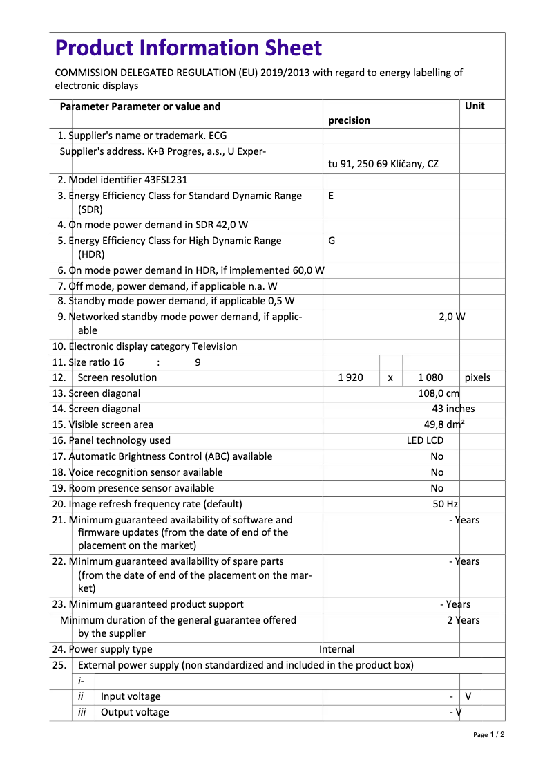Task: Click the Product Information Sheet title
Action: (188, 48)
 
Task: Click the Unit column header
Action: (475, 106)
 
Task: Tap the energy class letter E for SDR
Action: (331, 196)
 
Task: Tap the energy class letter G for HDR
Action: (332, 241)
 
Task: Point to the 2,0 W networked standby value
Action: (452, 317)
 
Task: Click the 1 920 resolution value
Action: (350, 377)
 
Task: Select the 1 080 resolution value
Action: (430, 377)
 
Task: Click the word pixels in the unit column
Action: (477, 377)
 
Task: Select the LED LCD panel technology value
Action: (425, 440)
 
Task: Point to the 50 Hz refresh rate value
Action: (446, 504)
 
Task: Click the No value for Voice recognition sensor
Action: (437, 472)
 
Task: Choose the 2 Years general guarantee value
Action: (463, 620)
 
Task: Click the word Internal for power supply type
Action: (337, 649)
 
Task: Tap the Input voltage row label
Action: (131, 696)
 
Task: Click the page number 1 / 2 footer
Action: (488, 734)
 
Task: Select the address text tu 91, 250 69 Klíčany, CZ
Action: (383, 164)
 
